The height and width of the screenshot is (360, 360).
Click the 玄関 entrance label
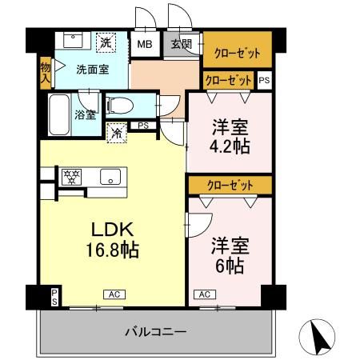pyautogui.click(x=180, y=44)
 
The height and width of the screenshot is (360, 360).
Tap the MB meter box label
pyautogui.click(x=146, y=45)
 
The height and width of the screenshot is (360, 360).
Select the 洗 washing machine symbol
pyautogui.click(x=106, y=41)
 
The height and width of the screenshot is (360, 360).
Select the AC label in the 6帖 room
pyautogui.click(x=204, y=294)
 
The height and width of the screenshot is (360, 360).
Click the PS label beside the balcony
pyautogui.click(x=54, y=297)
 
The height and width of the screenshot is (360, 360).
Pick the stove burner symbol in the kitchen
pyautogui.click(x=70, y=176)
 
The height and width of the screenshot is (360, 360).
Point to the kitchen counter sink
pyautogui.click(x=110, y=177)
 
